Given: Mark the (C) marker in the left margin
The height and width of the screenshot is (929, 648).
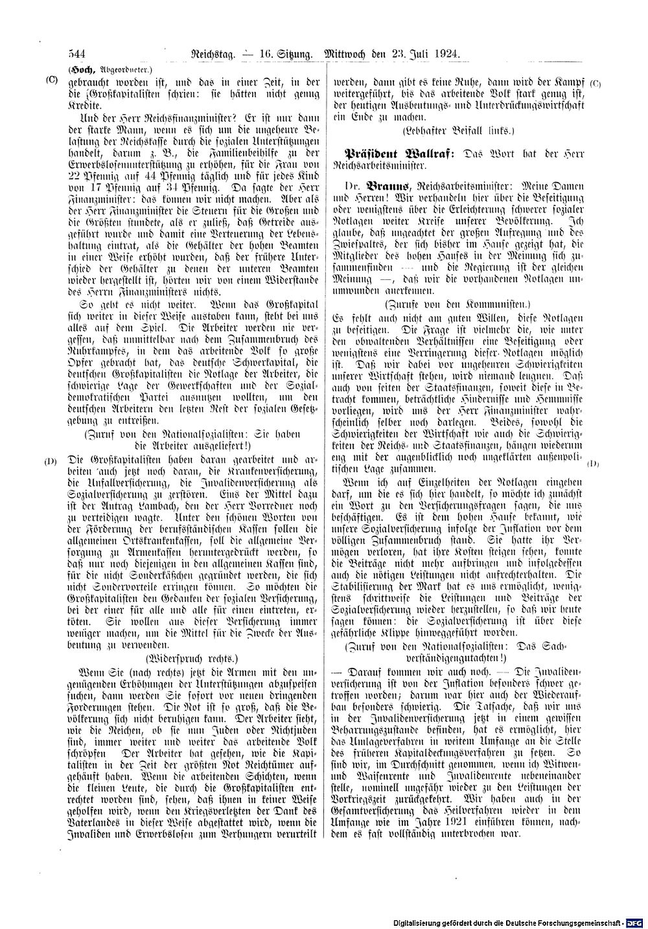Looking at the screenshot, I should pos(52,80).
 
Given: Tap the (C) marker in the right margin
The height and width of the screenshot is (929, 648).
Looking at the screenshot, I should pos(596,84).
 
